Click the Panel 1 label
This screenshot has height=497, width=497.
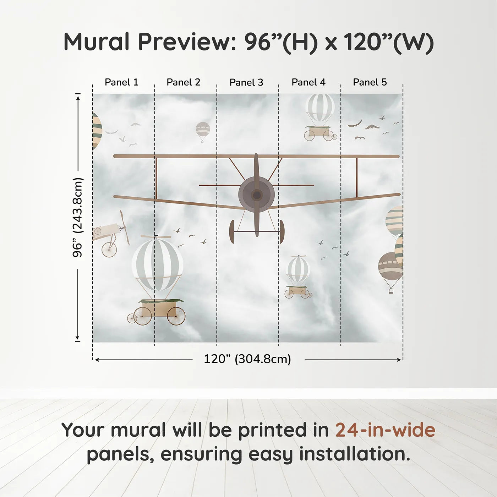click(121, 82)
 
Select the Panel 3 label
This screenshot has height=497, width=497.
click(246, 83)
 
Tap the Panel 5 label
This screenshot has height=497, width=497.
click(370, 82)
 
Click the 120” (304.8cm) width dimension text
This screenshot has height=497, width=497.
click(247, 359)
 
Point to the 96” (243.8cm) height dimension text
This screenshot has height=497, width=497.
click(77, 217)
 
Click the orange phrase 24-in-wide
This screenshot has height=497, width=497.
click(385, 430)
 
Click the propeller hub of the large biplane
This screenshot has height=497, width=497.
click(256, 195)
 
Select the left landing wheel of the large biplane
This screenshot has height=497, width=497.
click(232, 231)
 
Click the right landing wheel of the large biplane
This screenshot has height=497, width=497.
click(282, 231)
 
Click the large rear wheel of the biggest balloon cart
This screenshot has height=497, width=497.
click(176, 316)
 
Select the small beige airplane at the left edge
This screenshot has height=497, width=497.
click(108, 233)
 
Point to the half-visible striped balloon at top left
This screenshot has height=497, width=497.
click(96, 131)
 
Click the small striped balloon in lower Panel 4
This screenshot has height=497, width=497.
click(298, 270)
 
